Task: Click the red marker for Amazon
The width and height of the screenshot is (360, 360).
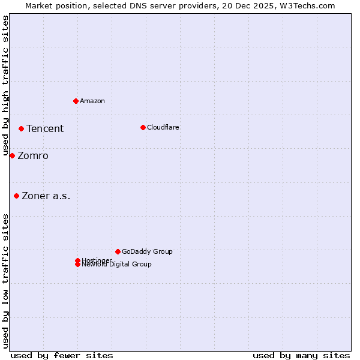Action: click(x=76, y=101)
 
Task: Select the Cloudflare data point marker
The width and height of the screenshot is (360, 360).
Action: click(x=143, y=127)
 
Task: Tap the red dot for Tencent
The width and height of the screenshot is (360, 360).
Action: click(x=21, y=128)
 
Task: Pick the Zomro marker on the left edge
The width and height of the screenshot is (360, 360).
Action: click(x=12, y=155)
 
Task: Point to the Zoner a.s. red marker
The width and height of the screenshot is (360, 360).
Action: click(x=16, y=196)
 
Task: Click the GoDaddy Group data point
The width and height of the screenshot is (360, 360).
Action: click(x=118, y=251)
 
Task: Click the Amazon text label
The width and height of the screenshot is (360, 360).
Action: click(x=92, y=101)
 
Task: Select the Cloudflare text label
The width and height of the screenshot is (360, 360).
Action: click(x=163, y=127)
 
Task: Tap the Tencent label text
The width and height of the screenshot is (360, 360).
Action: click(x=45, y=128)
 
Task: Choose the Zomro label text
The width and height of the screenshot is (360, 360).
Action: click(x=33, y=156)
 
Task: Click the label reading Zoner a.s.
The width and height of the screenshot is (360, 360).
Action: click(x=46, y=196)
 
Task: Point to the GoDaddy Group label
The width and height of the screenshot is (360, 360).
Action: click(x=147, y=251)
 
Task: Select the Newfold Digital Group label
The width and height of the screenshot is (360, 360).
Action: click(x=117, y=265)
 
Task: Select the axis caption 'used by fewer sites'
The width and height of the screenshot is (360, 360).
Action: click(x=62, y=355)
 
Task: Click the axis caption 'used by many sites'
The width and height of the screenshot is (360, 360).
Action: click(x=301, y=355)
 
